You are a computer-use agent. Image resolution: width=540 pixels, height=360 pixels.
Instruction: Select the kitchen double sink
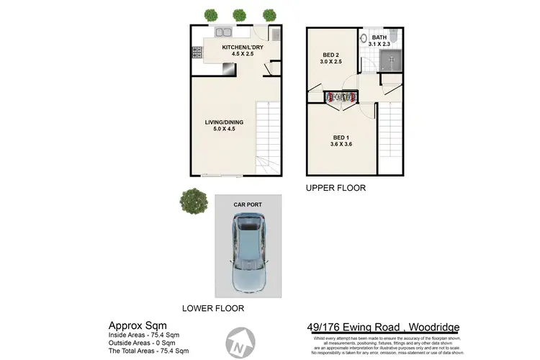tap(222, 32)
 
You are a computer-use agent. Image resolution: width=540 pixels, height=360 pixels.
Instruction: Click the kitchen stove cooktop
tap(195, 53)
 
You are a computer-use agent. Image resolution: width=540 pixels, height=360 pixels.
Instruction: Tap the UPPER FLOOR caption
tap(336, 188)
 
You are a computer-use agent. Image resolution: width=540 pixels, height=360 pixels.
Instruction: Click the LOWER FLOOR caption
tap(213, 308)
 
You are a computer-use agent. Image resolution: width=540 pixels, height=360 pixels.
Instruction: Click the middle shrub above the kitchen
tap(240, 14)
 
